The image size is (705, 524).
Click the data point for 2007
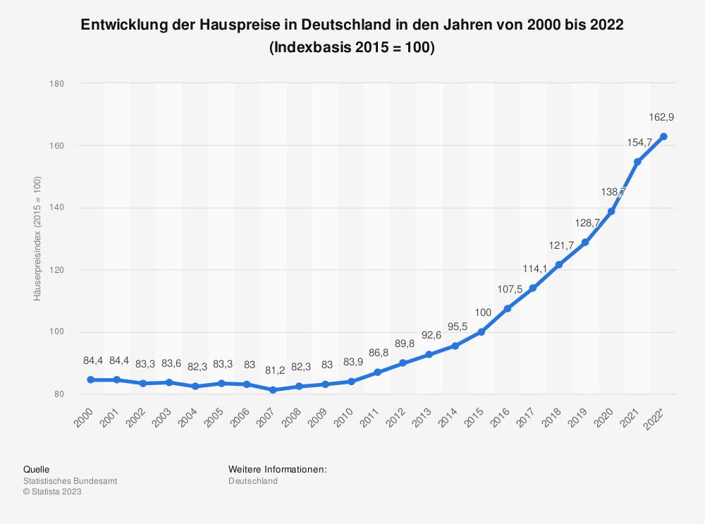273,390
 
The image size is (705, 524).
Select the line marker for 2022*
663,137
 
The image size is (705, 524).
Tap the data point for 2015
482,331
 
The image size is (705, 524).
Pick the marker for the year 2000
91,379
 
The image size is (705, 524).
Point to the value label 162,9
663,116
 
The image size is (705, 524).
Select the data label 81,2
273,370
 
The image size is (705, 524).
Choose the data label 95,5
455,326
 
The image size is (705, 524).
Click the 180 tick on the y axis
58,84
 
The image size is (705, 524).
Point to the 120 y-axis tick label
58,270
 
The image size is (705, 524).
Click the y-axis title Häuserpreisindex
37,239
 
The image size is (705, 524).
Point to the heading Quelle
37,469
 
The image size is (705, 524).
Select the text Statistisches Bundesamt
70,481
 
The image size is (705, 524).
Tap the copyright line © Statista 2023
53,492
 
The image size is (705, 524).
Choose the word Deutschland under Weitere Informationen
253,481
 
